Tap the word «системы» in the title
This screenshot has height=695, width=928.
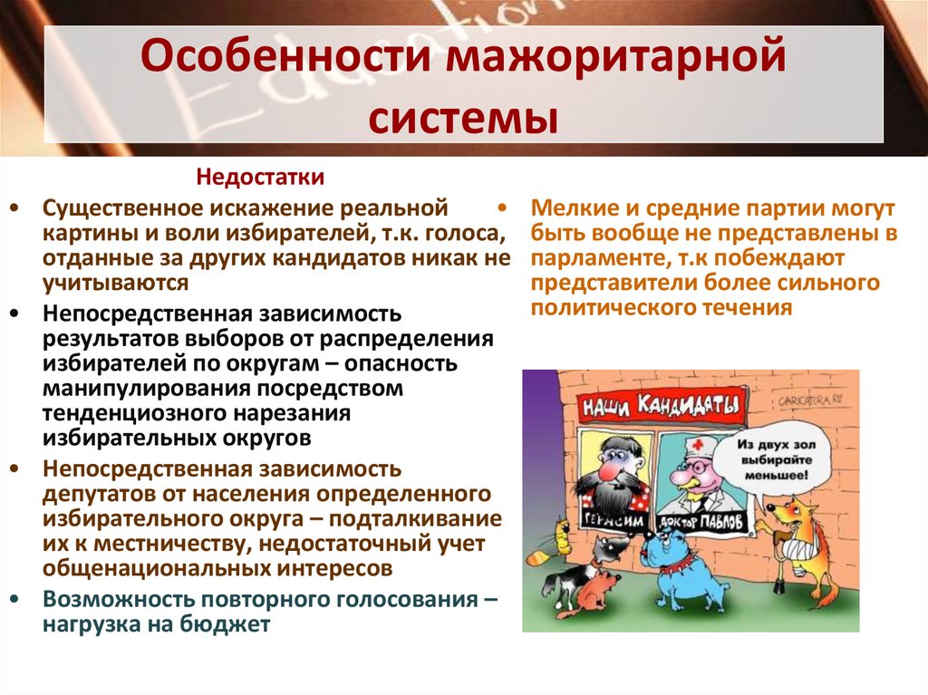point(463,118)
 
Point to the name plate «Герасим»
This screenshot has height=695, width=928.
point(604,523)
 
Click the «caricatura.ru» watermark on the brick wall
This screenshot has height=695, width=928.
point(813,396)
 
